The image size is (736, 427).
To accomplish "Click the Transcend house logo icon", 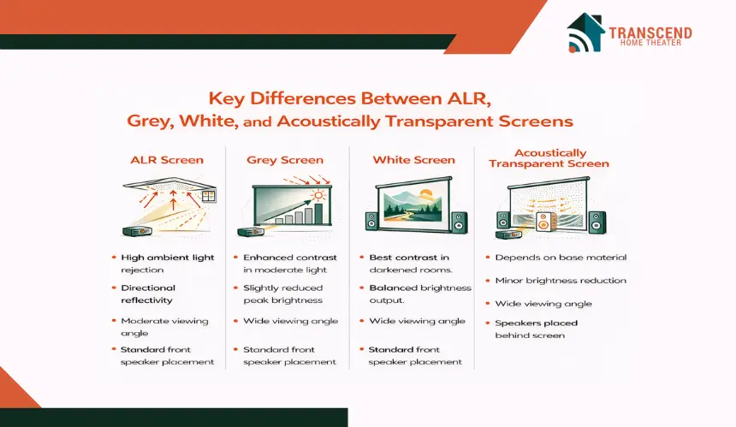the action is pyautogui.click(x=585, y=33).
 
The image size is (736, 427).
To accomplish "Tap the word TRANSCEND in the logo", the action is pyautogui.click(x=650, y=33).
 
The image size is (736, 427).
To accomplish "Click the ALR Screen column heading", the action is pyautogui.click(x=167, y=160).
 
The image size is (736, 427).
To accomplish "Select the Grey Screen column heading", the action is pyautogui.click(x=285, y=160).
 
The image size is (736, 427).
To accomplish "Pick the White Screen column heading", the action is pyautogui.click(x=413, y=160).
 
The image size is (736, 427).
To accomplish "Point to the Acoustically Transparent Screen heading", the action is pyautogui.click(x=549, y=158).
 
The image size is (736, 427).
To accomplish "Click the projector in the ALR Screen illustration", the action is pyautogui.click(x=137, y=231).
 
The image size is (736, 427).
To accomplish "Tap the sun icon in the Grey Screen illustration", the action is pyautogui.click(x=318, y=195).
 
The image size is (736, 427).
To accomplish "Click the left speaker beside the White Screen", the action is pyautogui.click(x=371, y=221).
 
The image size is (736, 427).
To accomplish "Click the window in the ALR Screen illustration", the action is pyautogui.click(x=209, y=196).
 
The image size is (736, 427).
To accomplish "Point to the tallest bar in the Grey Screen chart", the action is pyautogui.click(x=318, y=214).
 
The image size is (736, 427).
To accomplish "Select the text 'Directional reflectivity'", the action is pyautogui.click(x=148, y=294).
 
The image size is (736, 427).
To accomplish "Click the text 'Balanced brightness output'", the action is pyautogui.click(x=420, y=294).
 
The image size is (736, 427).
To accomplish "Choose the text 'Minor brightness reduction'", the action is pyautogui.click(x=561, y=281).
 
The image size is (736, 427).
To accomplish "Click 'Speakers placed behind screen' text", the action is pyautogui.click(x=536, y=329).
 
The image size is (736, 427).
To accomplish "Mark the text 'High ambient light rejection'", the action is pyautogui.click(x=167, y=264).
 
